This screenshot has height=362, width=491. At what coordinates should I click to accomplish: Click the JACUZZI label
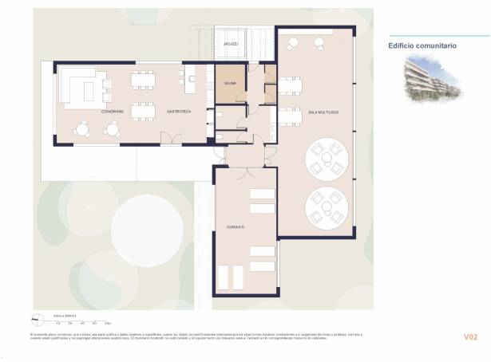232,44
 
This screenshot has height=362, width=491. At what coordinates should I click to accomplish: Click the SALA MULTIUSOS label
323,112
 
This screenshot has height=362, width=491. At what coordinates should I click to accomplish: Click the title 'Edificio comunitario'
422,46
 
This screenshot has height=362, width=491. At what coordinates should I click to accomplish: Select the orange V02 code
470,337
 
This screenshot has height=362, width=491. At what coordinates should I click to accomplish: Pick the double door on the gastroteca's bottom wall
170,143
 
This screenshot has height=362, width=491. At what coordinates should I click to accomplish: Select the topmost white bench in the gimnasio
262,194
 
